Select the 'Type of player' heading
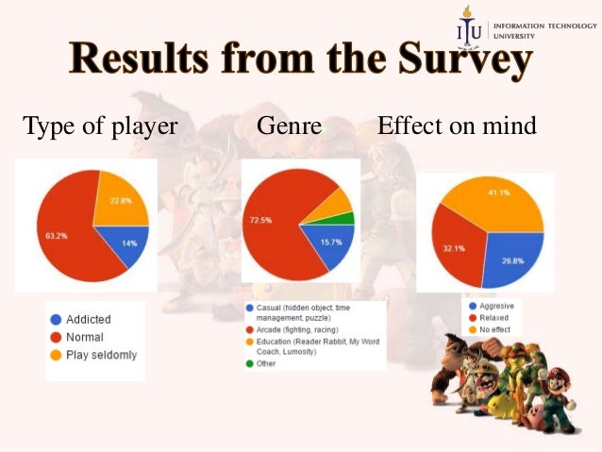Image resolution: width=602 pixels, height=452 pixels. click(100, 126)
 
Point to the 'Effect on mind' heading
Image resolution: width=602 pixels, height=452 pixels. click(457, 126)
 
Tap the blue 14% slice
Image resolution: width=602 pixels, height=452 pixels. click(129, 244)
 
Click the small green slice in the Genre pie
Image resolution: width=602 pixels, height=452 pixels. click(348, 218)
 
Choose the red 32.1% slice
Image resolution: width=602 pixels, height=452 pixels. click(455, 248)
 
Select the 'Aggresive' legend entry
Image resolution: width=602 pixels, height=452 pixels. click(496, 306)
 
